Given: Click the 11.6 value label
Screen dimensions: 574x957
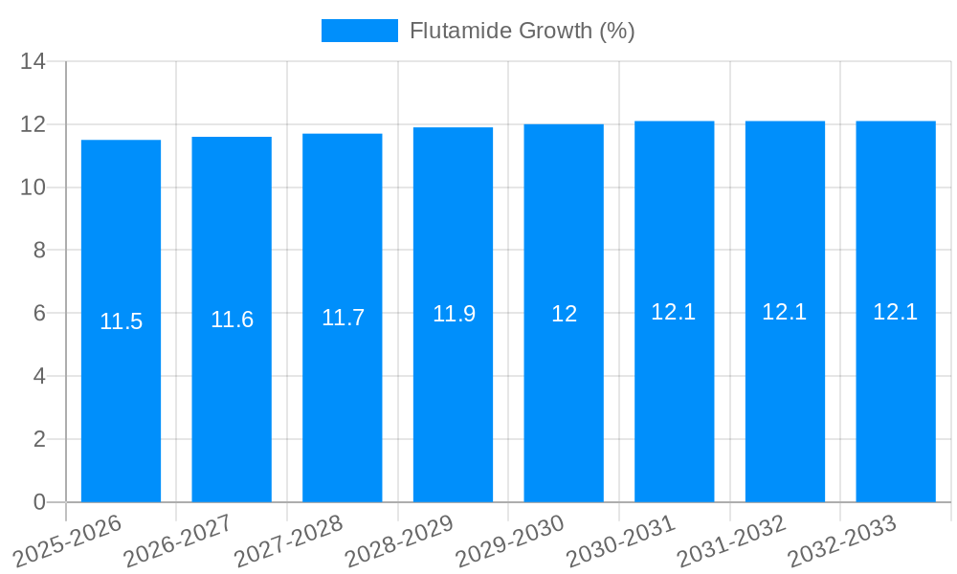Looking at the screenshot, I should [232, 320].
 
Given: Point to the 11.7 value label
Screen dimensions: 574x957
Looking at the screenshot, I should [343, 318].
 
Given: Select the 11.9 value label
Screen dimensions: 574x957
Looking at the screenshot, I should [454, 314].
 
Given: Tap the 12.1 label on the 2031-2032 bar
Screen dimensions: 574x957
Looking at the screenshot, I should [785, 312].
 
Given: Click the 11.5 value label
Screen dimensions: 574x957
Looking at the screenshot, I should [121, 321].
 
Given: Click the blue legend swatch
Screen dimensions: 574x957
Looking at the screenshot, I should [359, 31].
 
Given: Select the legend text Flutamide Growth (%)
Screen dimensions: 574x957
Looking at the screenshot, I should [522, 31].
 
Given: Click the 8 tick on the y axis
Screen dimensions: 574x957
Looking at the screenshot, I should [39, 251].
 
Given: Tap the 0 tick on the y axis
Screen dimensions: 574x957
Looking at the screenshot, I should [39, 502].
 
